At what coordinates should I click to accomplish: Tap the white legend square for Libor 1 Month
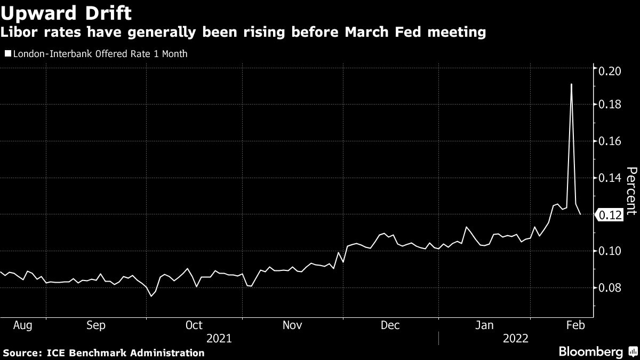7,54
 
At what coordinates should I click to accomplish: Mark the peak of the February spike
571,84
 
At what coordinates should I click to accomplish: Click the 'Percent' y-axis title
631,190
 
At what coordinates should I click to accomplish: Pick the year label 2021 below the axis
219,338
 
